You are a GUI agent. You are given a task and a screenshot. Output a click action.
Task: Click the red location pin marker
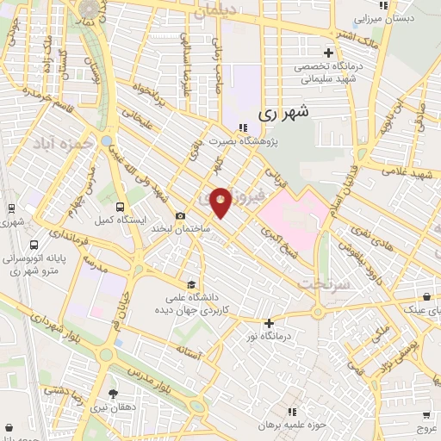point(220,202)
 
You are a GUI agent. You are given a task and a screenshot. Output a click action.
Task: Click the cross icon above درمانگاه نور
point(270,324)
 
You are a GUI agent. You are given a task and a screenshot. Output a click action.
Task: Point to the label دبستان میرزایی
point(388,17)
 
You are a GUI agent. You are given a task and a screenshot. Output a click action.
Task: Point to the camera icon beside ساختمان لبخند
point(180,216)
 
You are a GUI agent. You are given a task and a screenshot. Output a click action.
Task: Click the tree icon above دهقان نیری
point(113,394)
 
